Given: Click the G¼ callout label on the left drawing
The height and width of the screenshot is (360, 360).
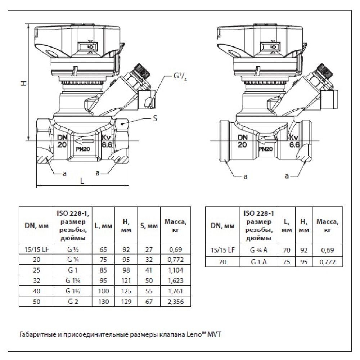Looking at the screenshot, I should point(180,77).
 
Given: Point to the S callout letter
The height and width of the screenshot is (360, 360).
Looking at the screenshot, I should point(155,118).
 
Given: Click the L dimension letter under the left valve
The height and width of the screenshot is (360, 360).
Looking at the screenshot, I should point(82,181).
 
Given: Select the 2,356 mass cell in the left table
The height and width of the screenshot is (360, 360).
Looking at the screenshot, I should point(175,302).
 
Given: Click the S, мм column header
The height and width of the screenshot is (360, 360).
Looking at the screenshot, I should point(149,226).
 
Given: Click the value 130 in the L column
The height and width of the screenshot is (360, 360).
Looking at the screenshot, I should point(103,302).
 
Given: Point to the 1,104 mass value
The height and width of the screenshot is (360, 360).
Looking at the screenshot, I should point(175,269).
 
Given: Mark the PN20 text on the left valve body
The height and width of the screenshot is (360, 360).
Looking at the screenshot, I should point(83,148).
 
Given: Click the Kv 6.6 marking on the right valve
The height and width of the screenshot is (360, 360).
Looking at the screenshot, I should point(294,141).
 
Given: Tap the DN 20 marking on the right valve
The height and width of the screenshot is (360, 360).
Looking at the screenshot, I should point(242,141).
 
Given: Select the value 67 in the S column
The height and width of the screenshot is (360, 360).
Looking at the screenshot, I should point(149,302).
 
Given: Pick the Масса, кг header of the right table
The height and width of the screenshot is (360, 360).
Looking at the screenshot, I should point(327,226).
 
